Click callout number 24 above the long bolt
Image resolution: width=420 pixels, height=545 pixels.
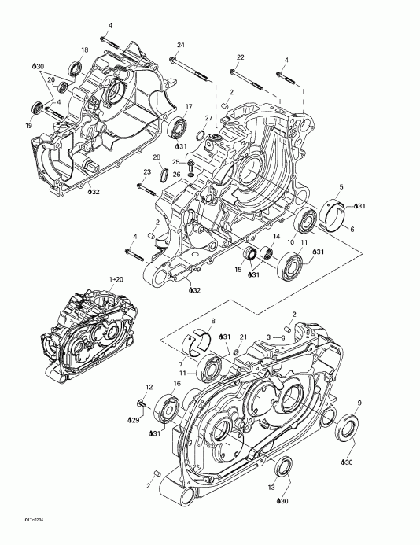[x=180, y=44]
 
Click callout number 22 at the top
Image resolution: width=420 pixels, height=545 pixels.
[x=241, y=57]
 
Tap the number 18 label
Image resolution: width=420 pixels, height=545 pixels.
[x=85, y=50]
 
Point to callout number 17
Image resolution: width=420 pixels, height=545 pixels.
[x=188, y=106]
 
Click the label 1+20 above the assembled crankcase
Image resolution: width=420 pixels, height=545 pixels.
[x=116, y=279]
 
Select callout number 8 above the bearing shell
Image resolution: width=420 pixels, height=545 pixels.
[x=212, y=321]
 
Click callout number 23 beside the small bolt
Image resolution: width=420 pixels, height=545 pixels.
[x=146, y=172]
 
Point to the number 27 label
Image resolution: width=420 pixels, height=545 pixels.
[x=209, y=118]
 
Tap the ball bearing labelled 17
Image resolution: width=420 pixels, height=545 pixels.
[x=179, y=125]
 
